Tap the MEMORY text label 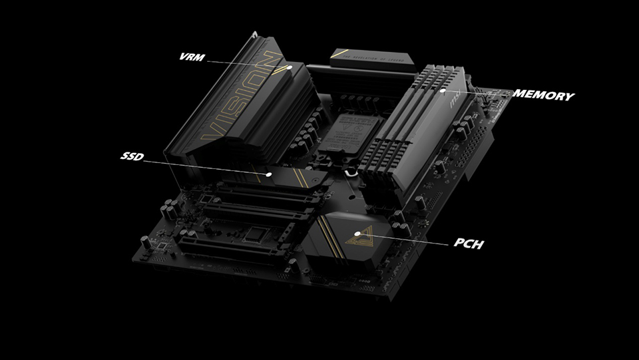click(542, 96)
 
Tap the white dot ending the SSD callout click(269, 174)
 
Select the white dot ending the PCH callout click(358, 234)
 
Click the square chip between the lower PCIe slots click(256, 234)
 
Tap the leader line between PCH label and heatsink click(406, 239)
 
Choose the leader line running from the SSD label click(200, 165)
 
